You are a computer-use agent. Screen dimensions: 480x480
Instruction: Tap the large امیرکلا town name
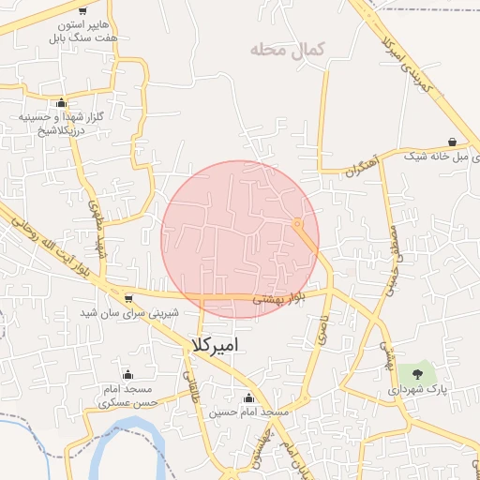tap(215, 344)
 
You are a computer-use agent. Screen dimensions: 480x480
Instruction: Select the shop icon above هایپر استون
tap(82, 11)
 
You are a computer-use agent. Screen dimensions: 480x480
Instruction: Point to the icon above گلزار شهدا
tap(62, 103)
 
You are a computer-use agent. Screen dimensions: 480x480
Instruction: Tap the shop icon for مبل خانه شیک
tap(453, 142)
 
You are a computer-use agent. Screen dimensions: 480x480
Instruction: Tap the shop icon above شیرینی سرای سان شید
tap(127, 298)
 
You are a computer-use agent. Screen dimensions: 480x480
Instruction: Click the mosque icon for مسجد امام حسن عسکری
tap(127, 375)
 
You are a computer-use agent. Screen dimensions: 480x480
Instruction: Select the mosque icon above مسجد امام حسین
tap(248, 397)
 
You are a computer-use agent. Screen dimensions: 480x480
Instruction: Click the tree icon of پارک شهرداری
tap(418, 373)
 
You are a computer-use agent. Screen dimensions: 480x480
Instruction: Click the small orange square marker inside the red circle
tap(297, 223)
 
